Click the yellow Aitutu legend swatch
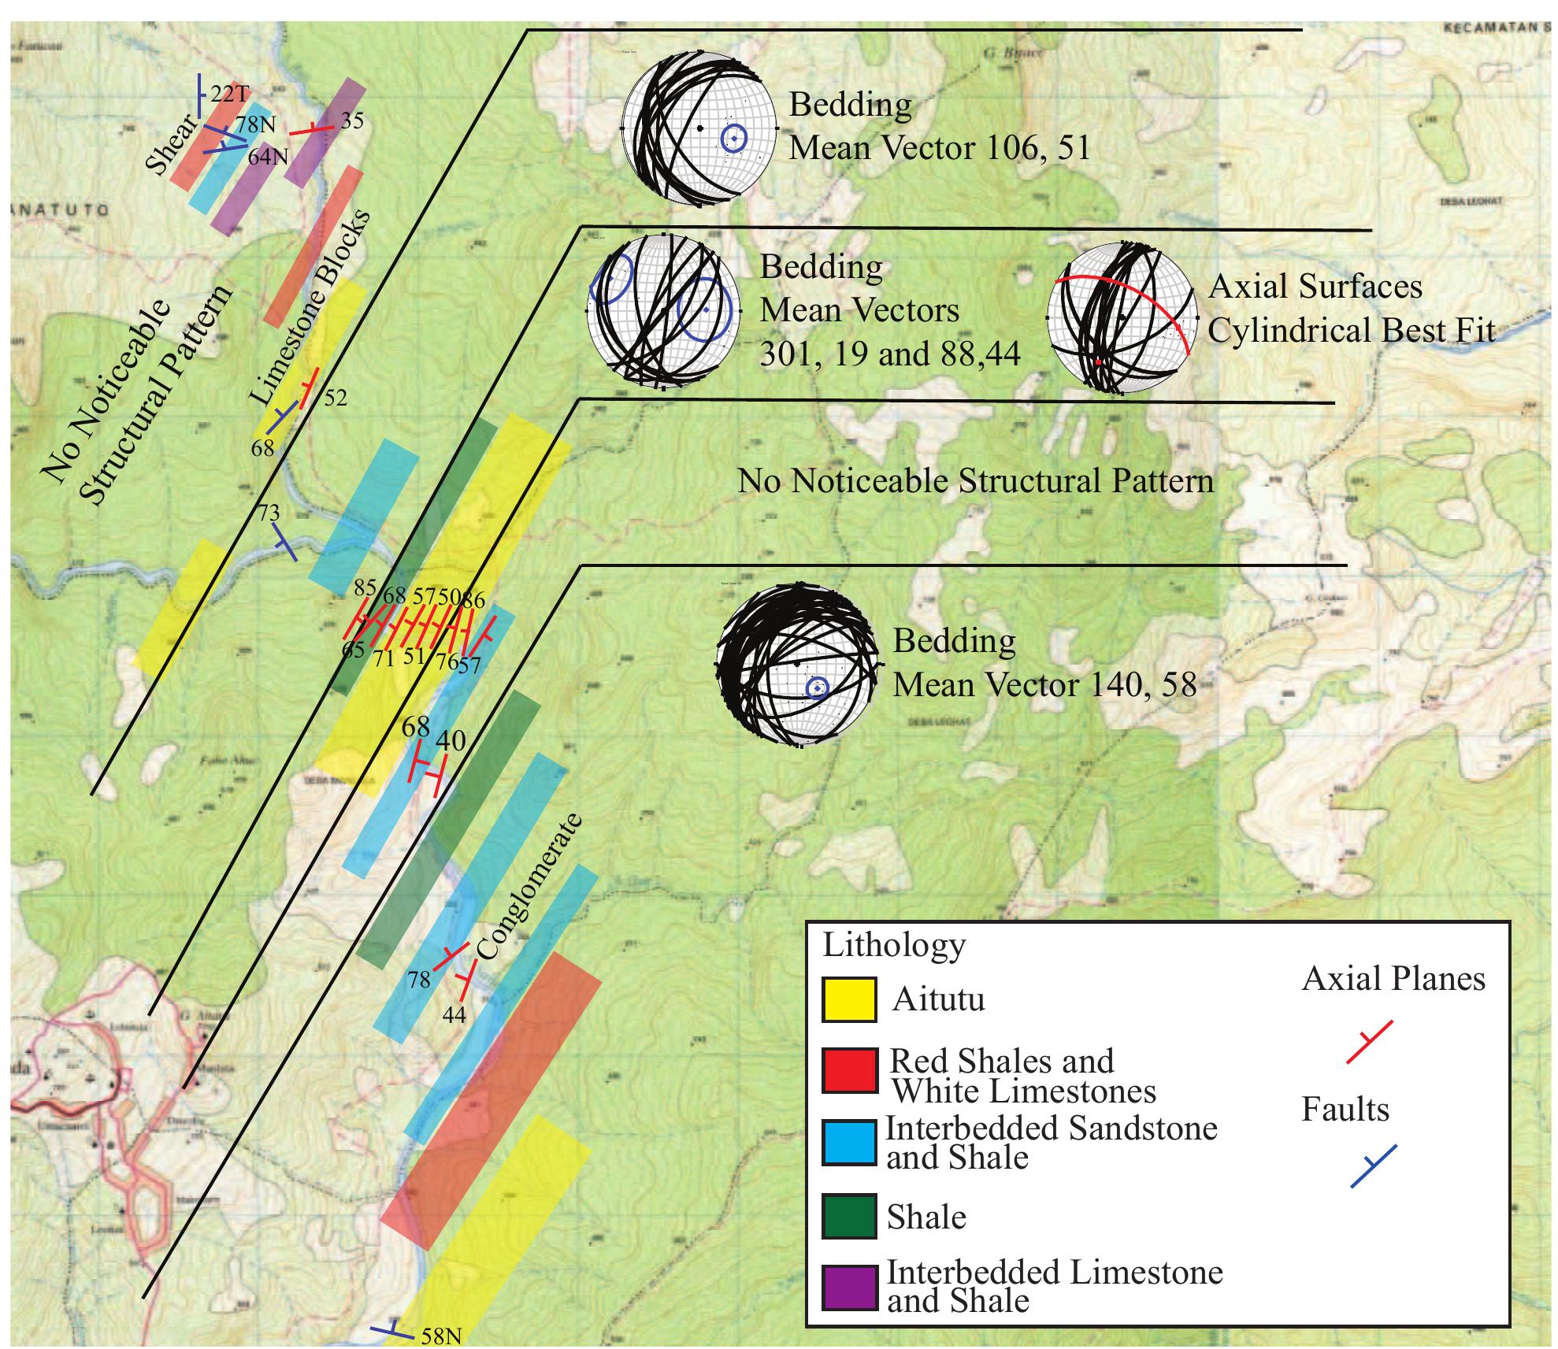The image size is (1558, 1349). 848,999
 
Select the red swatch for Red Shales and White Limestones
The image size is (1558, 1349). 848,1069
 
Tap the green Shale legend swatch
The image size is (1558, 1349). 848,1217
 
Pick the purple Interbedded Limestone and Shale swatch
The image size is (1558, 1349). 848,1288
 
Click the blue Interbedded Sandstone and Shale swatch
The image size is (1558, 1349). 848,1143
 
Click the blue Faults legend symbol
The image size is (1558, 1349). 1372,1166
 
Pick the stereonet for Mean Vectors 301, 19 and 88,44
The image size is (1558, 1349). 663,311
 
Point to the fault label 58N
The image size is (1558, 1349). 441,1336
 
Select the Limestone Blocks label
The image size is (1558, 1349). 310,308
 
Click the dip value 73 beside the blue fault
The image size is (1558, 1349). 269,513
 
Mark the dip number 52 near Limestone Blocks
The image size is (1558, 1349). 335,398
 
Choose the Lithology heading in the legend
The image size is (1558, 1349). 893,945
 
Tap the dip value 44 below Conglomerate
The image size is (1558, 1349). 454,1014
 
